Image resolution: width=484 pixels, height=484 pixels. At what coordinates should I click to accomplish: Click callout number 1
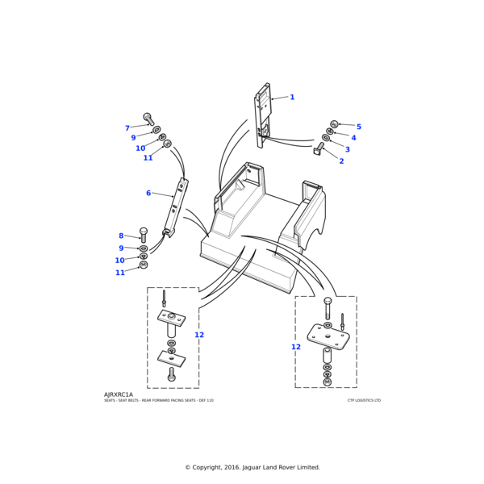(292, 98)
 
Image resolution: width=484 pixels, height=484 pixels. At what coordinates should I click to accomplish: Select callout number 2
(341, 161)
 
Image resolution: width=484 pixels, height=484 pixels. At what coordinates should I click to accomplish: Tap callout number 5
(348, 149)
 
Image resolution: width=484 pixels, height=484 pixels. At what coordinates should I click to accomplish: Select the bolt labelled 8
(144, 235)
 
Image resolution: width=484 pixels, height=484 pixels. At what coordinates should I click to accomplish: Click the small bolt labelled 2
(319, 149)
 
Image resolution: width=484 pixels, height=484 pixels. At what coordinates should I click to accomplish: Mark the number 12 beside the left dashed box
(199, 335)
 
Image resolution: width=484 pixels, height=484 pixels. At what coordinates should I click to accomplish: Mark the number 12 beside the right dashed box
(296, 347)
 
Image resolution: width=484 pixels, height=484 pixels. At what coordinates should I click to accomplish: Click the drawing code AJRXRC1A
(119, 394)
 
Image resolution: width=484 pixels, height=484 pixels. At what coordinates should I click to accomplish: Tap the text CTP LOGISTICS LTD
(364, 400)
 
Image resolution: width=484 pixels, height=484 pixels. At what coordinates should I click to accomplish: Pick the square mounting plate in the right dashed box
(328, 336)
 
